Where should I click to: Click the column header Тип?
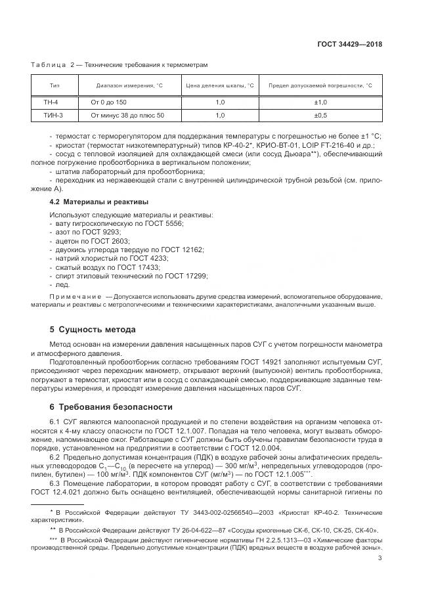tap(54, 85)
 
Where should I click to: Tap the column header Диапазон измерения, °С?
tap(129, 85)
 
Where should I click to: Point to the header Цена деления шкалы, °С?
tap(220, 85)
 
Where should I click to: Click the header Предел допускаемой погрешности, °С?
tap(321, 85)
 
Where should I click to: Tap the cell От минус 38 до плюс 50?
tap(123, 116)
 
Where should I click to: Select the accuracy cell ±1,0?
tap(321, 103)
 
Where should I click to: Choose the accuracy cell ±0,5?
tap(321, 116)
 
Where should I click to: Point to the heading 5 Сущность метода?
tap(93, 329)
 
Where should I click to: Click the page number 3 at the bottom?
tap(380, 559)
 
